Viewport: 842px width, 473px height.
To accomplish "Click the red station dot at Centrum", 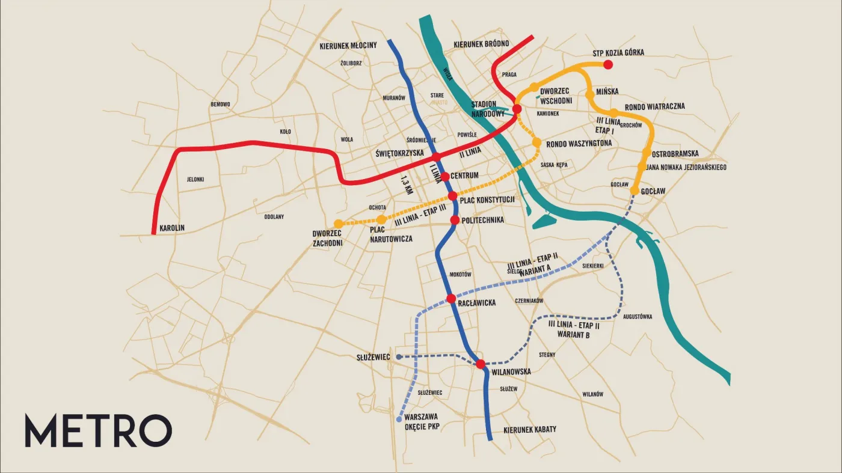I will coord(445,176).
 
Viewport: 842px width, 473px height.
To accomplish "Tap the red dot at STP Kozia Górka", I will coord(608,64).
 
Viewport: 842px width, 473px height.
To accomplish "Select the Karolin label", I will coord(172,228).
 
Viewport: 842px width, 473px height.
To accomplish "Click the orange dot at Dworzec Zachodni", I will coord(338,224).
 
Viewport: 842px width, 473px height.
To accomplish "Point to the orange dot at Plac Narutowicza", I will coord(381,220).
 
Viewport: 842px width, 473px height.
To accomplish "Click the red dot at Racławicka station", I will coord(451,299).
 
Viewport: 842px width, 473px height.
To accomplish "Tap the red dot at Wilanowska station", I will coord(480,364).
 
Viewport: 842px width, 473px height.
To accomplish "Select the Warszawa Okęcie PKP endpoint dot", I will coord(399,420).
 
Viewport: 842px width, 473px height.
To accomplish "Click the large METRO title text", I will coord(98,431).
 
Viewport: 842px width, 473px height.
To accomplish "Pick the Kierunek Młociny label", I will coord(348,46).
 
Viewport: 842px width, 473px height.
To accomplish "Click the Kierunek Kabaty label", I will coord(529,430).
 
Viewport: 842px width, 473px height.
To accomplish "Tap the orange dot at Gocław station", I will coord(634,191).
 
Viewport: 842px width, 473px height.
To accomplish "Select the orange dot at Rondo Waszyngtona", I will coord(536,142).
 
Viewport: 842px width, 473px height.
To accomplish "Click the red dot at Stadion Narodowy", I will coord(517,109).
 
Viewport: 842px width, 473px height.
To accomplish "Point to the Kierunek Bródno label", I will coord(481,44).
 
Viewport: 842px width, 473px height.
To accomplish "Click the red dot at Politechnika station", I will coord(455,221).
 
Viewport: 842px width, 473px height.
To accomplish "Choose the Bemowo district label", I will coord(220,105).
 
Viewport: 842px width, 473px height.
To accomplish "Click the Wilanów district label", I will coord(592,394).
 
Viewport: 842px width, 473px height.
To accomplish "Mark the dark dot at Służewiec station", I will coord(399,356).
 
